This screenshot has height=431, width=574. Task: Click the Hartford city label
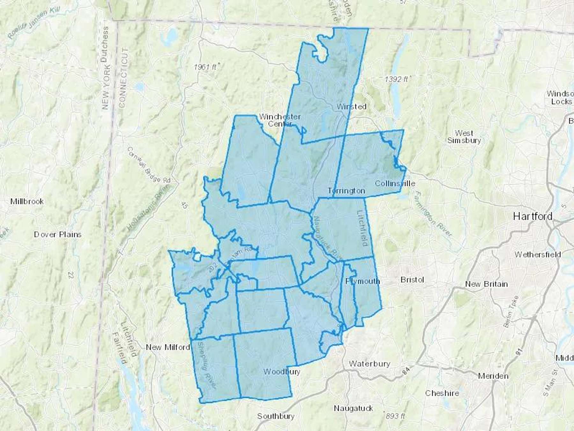(x=533, y=216)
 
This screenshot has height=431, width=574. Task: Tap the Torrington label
(x=346, y=191)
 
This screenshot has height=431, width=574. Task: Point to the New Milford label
(x=168, y=347)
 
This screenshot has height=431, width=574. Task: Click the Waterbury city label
(x=370, y=364)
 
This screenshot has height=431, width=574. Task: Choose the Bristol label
(x=412, y=280)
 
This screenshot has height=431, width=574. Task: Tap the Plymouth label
(x=363, y=281)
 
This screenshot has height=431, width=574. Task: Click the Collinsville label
(x=395, y=184)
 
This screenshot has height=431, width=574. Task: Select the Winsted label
(x=351, y=106)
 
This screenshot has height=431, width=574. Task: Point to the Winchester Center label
(x=280, y=120)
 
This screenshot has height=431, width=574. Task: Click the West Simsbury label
(x=464, y=137)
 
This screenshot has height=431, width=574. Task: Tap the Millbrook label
(x=27, y=201)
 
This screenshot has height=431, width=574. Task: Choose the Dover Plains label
(x=58, y=234)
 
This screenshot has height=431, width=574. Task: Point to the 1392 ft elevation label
(x=396, y=79)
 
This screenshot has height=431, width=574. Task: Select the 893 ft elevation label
(x=395, y=416)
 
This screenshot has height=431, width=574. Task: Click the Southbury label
(x=276, y=416)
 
